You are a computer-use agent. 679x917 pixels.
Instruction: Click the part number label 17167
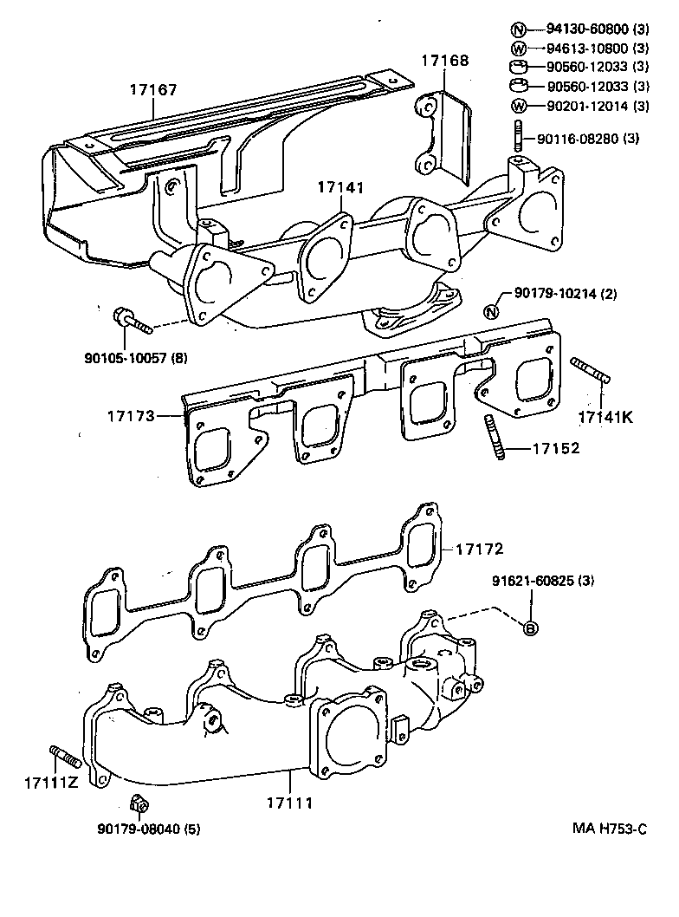coord(154,88)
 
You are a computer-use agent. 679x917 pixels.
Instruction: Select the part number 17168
coord(445,61)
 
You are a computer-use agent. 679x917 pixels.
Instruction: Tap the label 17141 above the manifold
coord(339,187)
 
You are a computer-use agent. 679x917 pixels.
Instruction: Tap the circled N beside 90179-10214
coord(490,312)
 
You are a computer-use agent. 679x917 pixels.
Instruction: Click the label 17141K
coord(605,417)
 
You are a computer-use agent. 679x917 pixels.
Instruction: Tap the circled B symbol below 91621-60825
coord(530,628)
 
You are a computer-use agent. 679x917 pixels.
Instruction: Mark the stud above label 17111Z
coord(66,755)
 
